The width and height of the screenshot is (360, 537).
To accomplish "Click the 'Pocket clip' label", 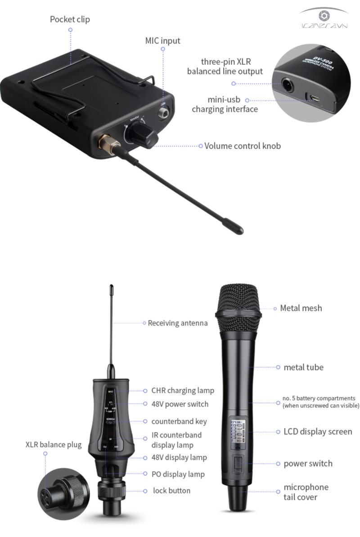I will (x=70, y=19).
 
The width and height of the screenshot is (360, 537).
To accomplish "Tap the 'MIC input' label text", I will (x=162, y=40).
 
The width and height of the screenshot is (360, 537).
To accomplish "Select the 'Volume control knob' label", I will (x=243, y=146).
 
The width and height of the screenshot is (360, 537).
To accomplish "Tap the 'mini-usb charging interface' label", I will (x=225, y=104).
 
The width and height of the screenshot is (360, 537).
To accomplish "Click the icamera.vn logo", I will (x=324, y=18).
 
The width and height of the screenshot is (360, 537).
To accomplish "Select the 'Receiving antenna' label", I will (x=178, y=323).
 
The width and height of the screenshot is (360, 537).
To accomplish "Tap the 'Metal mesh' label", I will (x=301, y=308).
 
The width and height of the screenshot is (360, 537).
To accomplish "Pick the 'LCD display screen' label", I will (x=318, y=431).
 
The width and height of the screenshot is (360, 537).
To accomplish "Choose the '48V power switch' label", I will (x=180, y=404).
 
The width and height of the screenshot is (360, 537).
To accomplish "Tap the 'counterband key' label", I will (x=179, y=421).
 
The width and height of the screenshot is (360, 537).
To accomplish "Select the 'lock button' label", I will (x=171, y=491).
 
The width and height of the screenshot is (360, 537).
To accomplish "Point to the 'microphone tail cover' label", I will (x=306, y=492).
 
